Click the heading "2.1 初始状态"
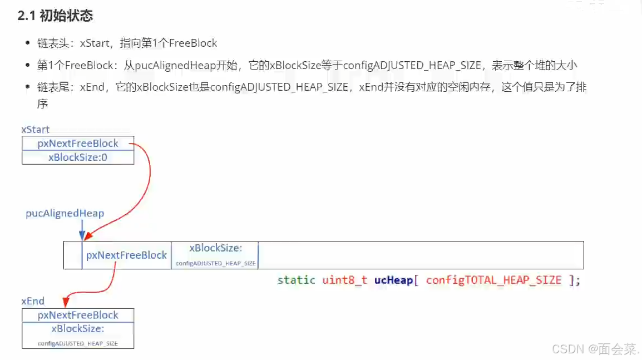55,16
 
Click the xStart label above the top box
35,129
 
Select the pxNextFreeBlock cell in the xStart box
78,143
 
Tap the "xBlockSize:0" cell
78,157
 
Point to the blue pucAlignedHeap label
65,213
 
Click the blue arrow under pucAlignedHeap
82,229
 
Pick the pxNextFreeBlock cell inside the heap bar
126,255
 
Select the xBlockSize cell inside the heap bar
215,255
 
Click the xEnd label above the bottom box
33,301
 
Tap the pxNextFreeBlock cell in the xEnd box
78,315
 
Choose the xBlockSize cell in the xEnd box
78,335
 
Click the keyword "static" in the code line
296,280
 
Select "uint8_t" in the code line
344,280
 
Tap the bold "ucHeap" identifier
393,280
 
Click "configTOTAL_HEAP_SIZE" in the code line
493,280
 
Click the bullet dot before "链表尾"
28,87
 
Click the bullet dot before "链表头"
28,43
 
